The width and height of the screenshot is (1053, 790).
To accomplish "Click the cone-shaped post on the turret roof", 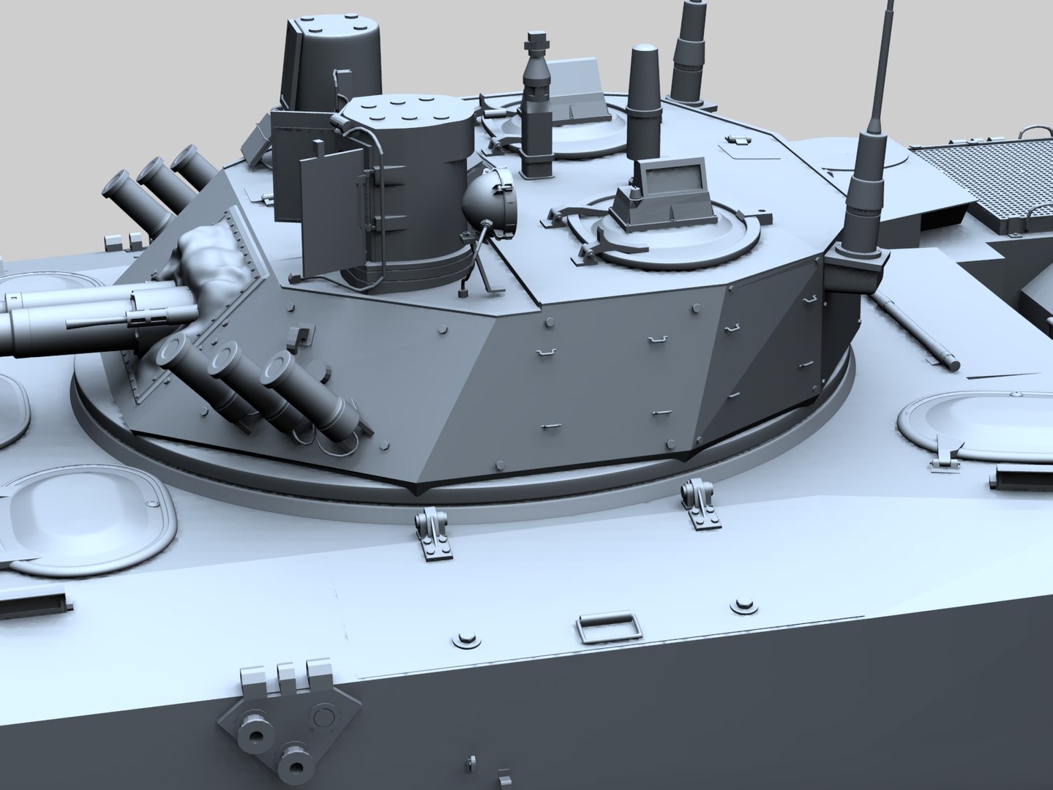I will (644, 102).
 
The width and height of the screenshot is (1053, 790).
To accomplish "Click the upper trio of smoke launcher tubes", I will (154, 183).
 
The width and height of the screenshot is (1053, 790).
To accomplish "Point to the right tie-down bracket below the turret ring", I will (697, 500).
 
